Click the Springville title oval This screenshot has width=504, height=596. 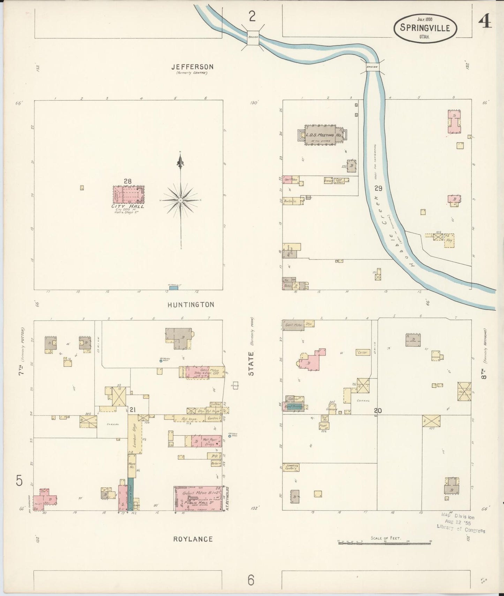[425, 28]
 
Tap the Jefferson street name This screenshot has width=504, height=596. [192, 67]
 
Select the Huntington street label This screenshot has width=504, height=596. [191, 305]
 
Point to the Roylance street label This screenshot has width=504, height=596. [193, 539]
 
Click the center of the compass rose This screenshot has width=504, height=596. [180, 200]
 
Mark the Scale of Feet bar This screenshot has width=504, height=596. [384, 543]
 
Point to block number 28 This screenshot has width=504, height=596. [127, 181]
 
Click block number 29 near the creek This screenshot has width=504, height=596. [378, 189]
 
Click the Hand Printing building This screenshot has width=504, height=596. [294, 407]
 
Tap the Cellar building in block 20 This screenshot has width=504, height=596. [363, 352]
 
